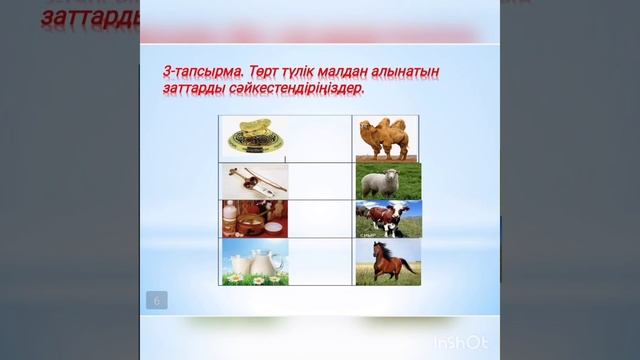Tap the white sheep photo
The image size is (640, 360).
(x=387, y=181)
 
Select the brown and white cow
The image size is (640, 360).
(x=387, y=218)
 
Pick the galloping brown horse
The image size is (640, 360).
(x=388, y=261)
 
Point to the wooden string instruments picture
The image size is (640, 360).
(x=254, y=181)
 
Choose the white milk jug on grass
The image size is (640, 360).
(x=254, y=261)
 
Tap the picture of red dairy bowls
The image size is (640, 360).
(x=254, y=218)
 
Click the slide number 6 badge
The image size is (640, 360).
(x=157, y=300)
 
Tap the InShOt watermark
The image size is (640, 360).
(x=461, y=343)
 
